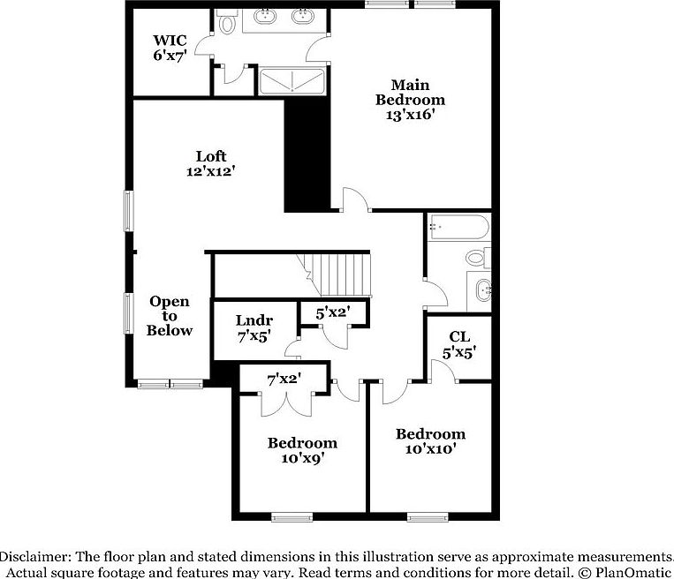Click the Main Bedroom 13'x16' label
tap(411, 100)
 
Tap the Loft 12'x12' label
tap(210, 164)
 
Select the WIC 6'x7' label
tap(170, 47)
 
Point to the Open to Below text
tap(169, 316)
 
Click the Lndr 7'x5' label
tap(254, 327)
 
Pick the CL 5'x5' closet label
tap(458, 344)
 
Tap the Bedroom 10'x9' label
tap(302, 450)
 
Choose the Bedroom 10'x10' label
tap(430, 441)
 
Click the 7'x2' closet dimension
tap(284, 379)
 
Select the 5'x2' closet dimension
tap(333, 312)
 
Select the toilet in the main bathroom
tap(228, 23)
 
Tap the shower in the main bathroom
tap(292, 80)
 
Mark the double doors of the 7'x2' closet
tap(286, 402)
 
